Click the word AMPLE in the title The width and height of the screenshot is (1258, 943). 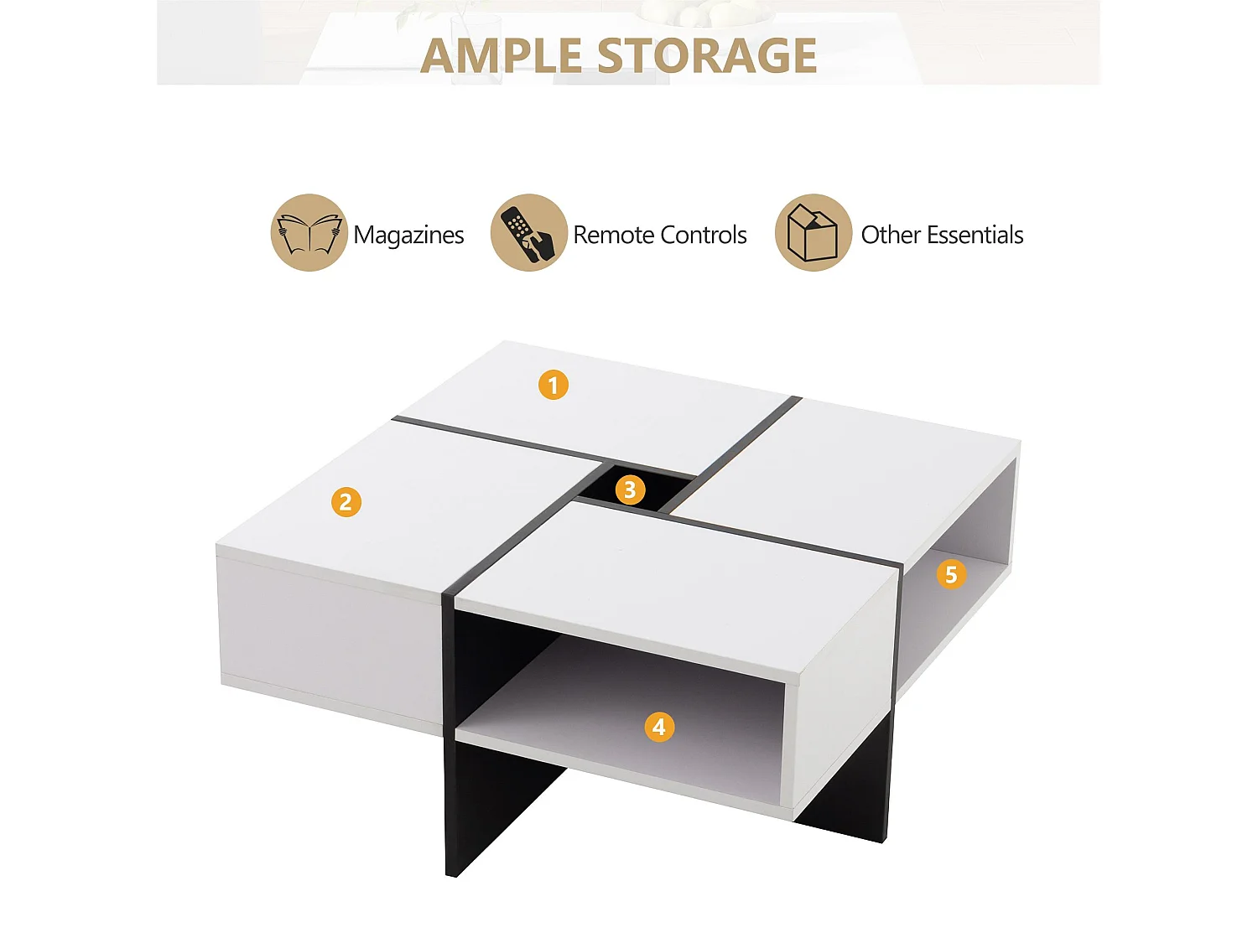(501, 56)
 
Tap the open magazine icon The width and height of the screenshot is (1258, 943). (309, 233)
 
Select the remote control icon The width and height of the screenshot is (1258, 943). (528, 233)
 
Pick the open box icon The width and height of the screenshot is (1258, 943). (813, 233)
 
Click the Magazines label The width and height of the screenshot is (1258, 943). (408, 236)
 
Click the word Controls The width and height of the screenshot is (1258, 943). (704, 235)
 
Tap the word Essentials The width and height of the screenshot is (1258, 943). (975, 235)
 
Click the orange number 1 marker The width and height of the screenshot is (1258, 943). (553, 385)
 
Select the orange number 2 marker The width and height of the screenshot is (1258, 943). (346, 502)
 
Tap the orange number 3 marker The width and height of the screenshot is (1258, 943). (630, 490)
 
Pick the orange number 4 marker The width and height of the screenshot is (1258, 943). (659, 727)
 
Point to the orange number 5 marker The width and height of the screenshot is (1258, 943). (951, 574)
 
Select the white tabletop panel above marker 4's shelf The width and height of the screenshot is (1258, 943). (671, 578)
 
